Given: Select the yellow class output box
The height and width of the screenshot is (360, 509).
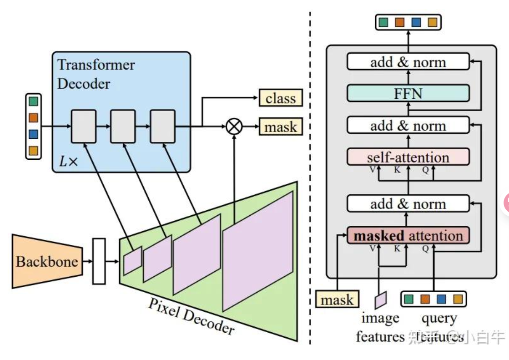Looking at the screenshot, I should point(281,98).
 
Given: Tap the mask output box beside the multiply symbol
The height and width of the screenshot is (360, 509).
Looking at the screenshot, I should point(281,127).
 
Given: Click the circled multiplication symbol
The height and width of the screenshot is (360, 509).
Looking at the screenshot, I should point(234,127).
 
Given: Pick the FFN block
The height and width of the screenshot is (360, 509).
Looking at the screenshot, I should point(408,93).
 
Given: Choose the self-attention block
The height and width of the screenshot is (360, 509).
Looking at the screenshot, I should point(408,157).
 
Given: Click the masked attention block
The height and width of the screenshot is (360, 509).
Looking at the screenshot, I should point(408,235).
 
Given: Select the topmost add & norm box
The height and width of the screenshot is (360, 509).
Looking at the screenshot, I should point(408,62).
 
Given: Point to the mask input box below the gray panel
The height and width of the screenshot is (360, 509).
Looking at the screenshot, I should point(337,299).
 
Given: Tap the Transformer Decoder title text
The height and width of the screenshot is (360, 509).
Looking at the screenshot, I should point(96,74).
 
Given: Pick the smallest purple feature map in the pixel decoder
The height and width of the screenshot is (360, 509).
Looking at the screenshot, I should point(133,260).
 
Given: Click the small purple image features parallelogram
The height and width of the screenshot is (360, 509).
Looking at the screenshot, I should point(380,299).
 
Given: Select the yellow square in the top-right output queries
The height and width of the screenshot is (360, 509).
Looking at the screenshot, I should point(432,22).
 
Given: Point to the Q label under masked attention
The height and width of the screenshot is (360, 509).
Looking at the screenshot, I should point(425,249).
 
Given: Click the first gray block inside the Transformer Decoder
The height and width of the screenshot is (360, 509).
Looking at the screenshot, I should point(83,126).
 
